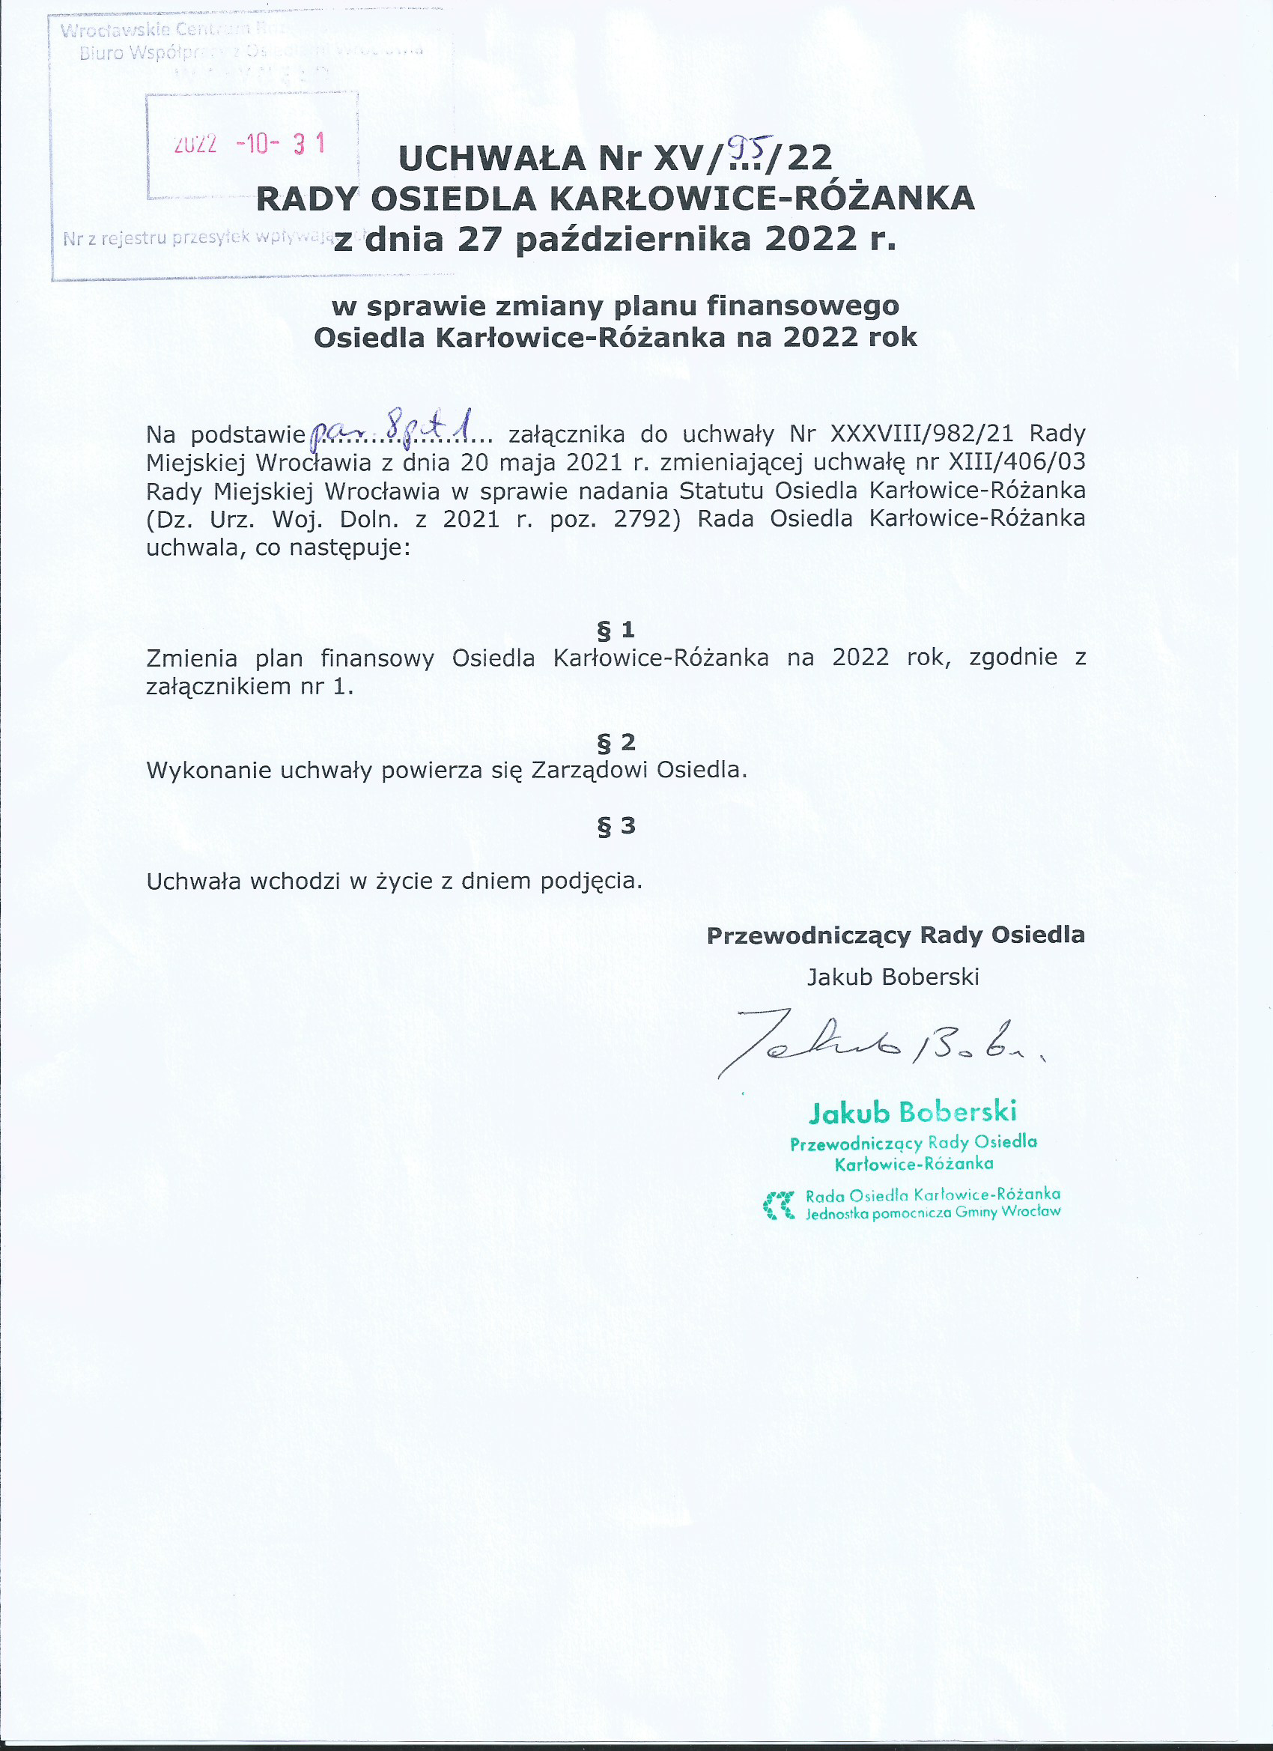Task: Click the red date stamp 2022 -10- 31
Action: (x=249, y=144)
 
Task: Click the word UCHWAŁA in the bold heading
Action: (x=492, y=158)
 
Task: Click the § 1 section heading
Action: (x=616, y=630)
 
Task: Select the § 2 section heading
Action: (x=616, y=742)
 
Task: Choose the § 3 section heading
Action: (x=616, y=825)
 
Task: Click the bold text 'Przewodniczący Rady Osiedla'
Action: (x=895, y=935)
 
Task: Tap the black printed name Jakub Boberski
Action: (x=893, y=977)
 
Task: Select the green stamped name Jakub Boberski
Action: (x=912, y=1111)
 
